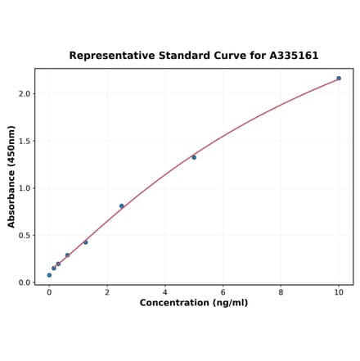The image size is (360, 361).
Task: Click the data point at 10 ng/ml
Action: coord(339,79)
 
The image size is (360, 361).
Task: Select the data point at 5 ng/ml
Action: coord(194,157)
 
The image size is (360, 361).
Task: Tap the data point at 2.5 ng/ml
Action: coord(122,206)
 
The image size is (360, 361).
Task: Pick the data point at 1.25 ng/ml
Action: coord(85,242)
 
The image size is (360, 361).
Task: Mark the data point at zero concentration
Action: coord(49,275)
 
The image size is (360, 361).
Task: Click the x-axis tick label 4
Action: coord(165,292)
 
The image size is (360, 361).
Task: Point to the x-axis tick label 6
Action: coord(223,292)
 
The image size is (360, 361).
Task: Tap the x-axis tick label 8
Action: coord(281,292)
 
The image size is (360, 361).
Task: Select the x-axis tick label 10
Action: coord(339,292)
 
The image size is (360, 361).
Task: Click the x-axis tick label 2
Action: coord(107,292)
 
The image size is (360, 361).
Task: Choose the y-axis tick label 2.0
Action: coord(25,94)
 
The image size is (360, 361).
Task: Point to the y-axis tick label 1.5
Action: coord(25,141)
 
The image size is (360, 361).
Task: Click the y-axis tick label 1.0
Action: coord(25,188)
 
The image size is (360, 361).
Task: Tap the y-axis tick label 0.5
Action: coord(25,236)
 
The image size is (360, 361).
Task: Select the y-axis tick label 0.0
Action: coord(25,282)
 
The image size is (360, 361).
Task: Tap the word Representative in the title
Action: coord(110,56)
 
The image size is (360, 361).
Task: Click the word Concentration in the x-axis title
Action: coord(174,304)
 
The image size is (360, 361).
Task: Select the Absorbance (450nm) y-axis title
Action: coord(11,176)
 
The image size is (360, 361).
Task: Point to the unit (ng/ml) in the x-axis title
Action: coord(230,304)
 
